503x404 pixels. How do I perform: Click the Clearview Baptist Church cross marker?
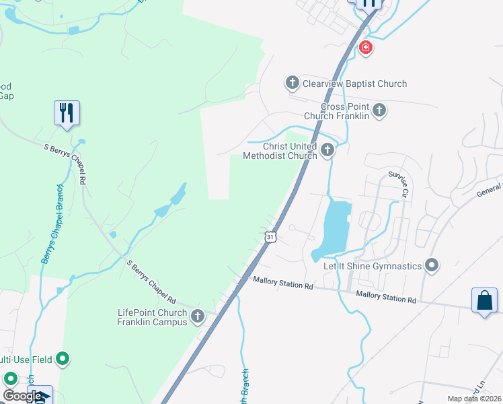pyautogui.click(x=292, y=83)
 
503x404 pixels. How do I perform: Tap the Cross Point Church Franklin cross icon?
pyautogui.click(x=379, y=110)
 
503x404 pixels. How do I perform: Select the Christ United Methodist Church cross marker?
pyautogui.click(x=327, y=149)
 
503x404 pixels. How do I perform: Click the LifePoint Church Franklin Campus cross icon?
pyautogui.click(x=198, y=316)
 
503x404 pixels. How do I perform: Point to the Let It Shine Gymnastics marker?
pyautogui.click(x=432, y=265)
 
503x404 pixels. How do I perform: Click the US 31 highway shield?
pyautogui.click(x=270, y=237)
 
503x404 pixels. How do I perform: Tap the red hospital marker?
pyautogui.click(x=365, y=47)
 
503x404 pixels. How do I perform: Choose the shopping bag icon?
pyautogui.click(x=484, y=300)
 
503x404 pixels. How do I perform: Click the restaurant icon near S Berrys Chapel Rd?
pyautogui.click(x=67, y=112)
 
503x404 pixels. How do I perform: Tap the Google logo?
pyautogui.click(x=22, y=396)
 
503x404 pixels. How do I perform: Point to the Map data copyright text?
pyautogui.click(x=474, y=399)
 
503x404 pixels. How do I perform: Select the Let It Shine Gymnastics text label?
pyautogui.click(x=373, y=266)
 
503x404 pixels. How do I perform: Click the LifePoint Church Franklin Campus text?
pyautogui.click(x=152, y=317)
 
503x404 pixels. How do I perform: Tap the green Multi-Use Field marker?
pyautogui.click(x=63, y=359)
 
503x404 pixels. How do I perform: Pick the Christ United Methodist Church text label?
pyautogui.click(x=280, y=151)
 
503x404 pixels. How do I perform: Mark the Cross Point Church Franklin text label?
pyautogui.click(x=336, y=111)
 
